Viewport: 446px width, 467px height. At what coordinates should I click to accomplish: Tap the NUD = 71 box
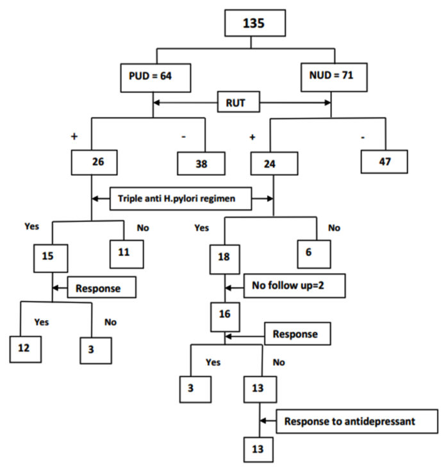coord(331,76)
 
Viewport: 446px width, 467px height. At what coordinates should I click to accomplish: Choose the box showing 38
coord(201,164)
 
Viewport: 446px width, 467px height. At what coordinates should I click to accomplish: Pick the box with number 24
coord(274,163)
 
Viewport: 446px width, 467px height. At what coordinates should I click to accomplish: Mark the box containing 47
coord(384,160)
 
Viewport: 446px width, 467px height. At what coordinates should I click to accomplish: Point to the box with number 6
coord(313,254)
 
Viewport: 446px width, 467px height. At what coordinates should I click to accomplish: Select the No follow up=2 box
coord(294,287)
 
